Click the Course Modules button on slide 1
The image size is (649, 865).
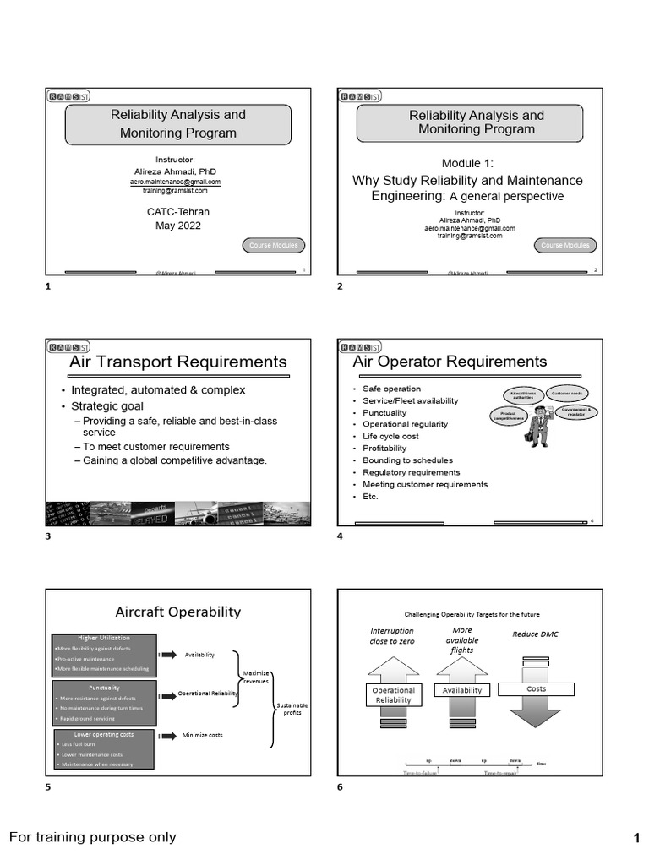point(274,246)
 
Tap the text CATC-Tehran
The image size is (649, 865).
point(177,211)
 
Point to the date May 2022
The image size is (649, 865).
point(177,226)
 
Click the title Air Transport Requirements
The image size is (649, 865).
point(177,362)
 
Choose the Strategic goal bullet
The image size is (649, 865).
point(107,406)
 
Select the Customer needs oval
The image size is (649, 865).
point(567,394)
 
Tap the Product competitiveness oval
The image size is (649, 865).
point(511,416)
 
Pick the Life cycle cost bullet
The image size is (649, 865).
point(390,437)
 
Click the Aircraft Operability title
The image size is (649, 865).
point(177,612)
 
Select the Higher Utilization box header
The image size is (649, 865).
point(104,638)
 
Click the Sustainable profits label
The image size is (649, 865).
point(292,709)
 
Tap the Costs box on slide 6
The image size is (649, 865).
point(536,689)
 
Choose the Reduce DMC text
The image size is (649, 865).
point(536,634)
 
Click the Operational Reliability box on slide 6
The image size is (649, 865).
point(393,695)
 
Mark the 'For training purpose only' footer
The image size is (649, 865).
point(93,837)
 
